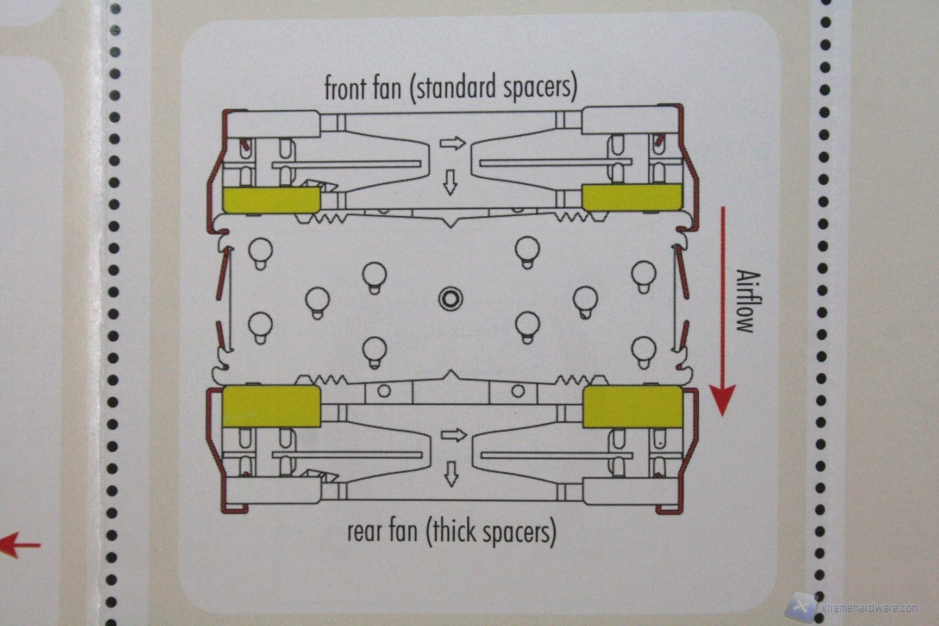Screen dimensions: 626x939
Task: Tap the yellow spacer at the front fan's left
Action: point(270,199)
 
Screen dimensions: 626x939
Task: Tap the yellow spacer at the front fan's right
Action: point(632,197)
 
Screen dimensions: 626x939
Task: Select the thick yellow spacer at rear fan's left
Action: point(270,406)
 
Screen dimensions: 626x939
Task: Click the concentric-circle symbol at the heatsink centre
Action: point(450,298)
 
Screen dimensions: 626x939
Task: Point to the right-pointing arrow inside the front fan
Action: point(453,143)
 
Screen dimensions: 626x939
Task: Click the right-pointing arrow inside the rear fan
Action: point(453,435)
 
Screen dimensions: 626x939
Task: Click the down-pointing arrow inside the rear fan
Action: point(450,473)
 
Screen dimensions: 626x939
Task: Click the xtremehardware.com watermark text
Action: point(869,608)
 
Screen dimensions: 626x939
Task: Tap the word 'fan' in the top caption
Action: point(386,88)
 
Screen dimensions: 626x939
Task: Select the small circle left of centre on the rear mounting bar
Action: point(384,391)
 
